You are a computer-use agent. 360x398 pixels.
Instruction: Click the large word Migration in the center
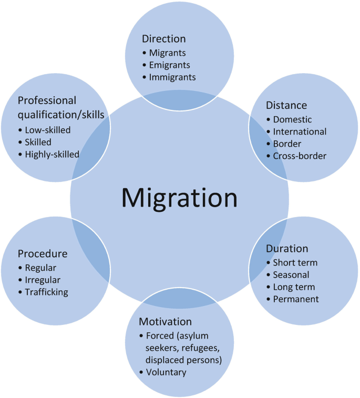click(179, 198)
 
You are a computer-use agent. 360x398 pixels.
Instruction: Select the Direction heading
click(163, 39)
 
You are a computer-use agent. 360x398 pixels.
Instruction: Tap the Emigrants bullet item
click(169, 65)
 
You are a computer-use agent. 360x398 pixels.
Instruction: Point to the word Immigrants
click(172, 77)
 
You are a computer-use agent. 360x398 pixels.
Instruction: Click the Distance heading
click(286, 106)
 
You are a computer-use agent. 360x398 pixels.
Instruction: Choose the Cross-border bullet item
click(300, 156)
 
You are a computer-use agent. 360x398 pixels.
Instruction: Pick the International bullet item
click(300, 131)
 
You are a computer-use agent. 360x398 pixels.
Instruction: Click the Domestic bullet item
click(292, 119)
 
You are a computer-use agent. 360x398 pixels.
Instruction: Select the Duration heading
click(287, 248)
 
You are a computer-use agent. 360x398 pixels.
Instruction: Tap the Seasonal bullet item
click(291, 274)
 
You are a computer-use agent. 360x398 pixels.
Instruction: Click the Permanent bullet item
click(296, 299)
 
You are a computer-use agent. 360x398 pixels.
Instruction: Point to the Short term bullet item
click(295, 262)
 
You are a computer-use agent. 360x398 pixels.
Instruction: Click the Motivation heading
click(165, 321)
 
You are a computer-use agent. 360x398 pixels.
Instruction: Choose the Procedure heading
click(43, 254)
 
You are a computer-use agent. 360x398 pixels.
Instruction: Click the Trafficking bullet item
click(47, 292)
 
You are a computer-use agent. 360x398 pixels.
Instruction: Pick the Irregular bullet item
click(43, 280)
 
